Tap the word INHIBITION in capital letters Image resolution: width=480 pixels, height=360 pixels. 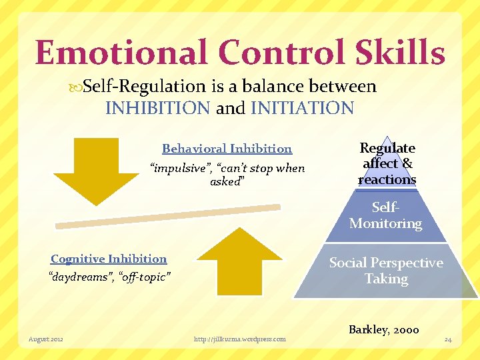(158, 108)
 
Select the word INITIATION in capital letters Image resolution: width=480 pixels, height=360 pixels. (302, 108)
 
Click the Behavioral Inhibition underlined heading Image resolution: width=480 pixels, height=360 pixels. (227, 149)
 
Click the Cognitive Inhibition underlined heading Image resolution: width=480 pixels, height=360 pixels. (109, 259)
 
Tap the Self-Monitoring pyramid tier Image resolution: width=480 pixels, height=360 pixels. (386, 216)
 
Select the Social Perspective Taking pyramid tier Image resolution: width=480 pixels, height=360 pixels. (386, 271)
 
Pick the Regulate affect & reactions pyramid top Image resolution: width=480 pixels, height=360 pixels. (387, 163)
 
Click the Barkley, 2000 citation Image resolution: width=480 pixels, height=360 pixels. (383, 329)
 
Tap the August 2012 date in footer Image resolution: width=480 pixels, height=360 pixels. (46, 339)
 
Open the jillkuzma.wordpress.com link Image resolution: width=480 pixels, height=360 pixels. (239, 339)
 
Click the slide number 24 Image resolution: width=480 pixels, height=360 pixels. (448, 340)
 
